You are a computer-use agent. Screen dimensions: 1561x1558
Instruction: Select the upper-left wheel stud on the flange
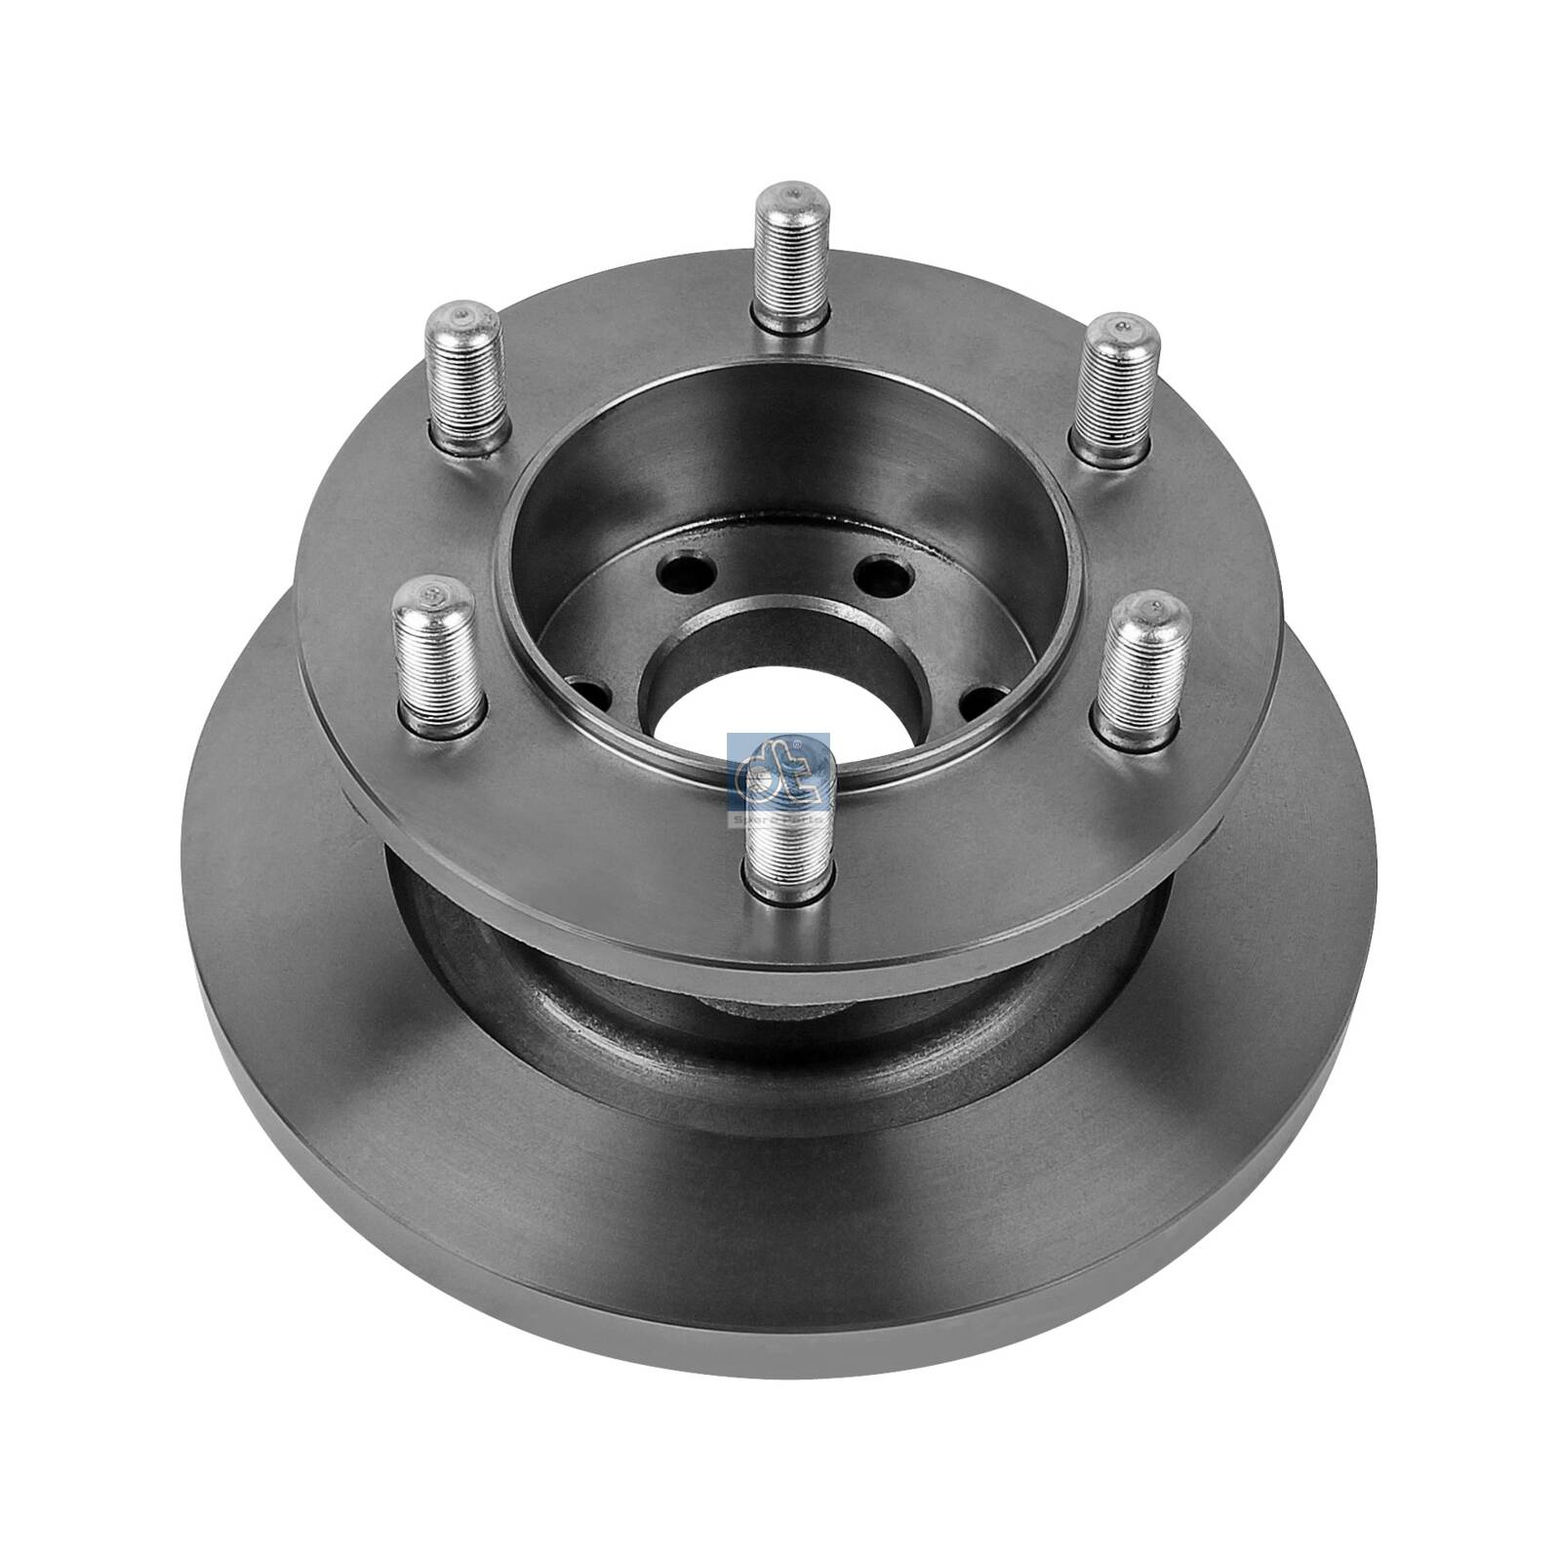coord(467,371)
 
